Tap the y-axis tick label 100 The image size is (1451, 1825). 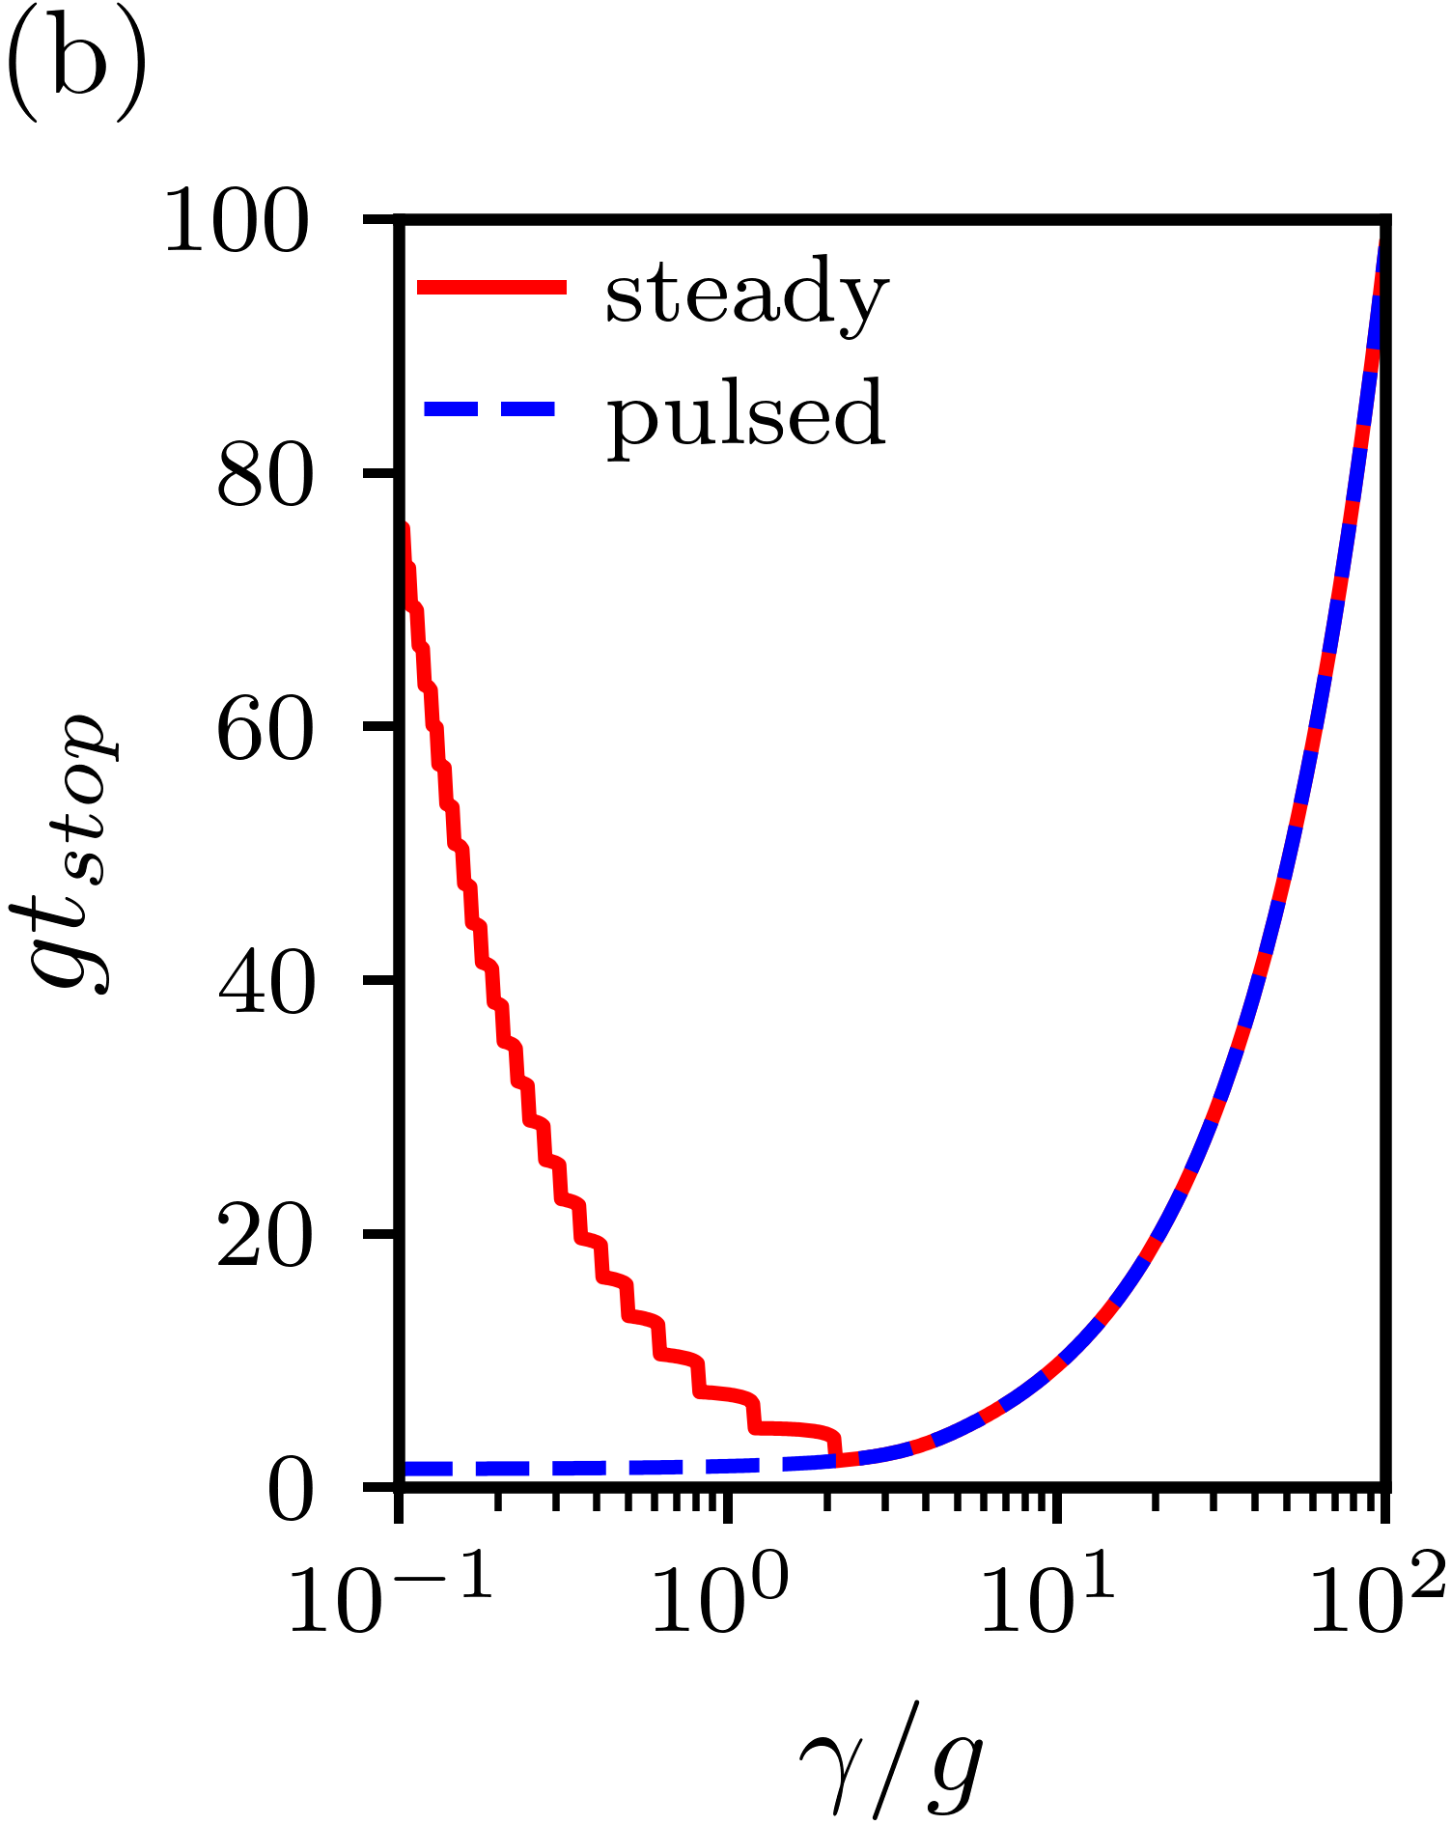(x=237, y=223)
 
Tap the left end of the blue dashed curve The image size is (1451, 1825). (x=406, y=1469)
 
